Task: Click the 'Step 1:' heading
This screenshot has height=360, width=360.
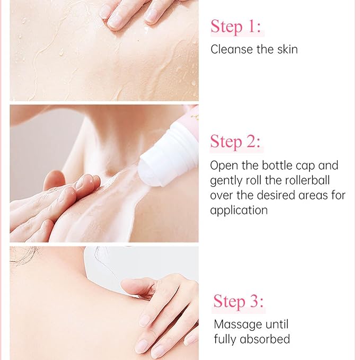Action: pos(236,27)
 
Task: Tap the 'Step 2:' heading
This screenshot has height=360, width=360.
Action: pos(235,142)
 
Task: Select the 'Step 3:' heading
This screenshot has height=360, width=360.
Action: pos(238,301)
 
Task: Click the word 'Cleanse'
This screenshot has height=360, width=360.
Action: pos(232,49)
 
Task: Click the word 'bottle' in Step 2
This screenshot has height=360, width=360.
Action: pos(277,165)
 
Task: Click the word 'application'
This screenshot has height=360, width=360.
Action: pos(239,210)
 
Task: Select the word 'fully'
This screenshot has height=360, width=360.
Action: pos(225,339)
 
